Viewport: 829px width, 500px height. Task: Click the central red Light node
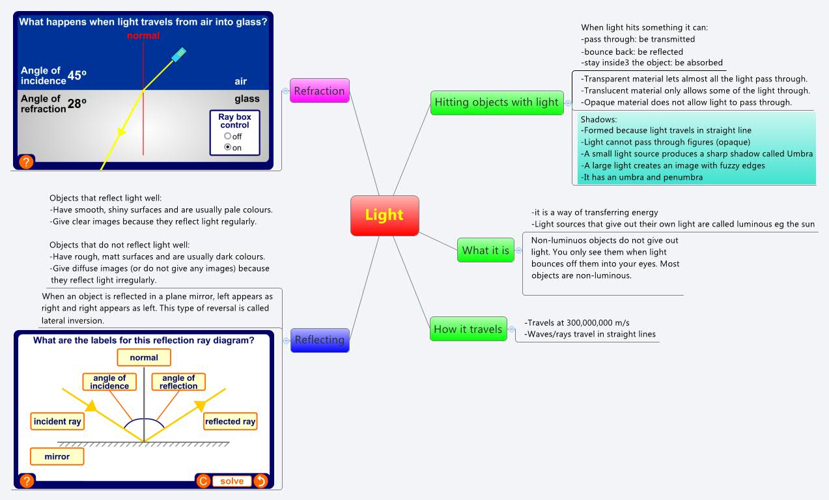pyautogui.click(x=384, y=215)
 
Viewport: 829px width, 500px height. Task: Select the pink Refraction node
pyautogui.click(x=319, y=91)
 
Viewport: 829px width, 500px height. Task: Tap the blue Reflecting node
pyautogui.click(x=319, y=340)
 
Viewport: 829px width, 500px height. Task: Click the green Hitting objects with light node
pyautogui.click(x=496, y=102)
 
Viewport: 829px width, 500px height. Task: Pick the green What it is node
pyautogui.click(x=485, y=251)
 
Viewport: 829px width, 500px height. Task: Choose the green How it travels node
pyautogui.click(x=468, y=329)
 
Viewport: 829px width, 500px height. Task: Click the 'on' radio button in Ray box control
pyautogui.click(x=227, y=148)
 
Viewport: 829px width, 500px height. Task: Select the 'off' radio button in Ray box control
pyautogui.click(x=227, y=136)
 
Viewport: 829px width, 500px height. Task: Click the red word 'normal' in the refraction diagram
pyautogui.click(x=143, y=36)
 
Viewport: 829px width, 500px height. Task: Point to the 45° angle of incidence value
pyautogui.click(x=77, y=76)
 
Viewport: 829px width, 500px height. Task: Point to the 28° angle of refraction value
pyautogui.click(x=77, y=103)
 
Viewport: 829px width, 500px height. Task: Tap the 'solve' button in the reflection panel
pyautogui.click(x=232, y=481)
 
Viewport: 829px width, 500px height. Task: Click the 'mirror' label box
pyautogui.click(x=57, y=456)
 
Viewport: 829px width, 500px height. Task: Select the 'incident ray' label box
pyautogui.click(x=57, y=421)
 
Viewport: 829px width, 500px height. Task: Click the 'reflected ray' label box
pyautogui.click(x=230, y=421)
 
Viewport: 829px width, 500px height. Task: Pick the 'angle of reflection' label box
pyautogui.click(x=178, y=382)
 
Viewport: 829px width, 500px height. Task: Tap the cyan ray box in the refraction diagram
pyautogui.click(x=179, y=54)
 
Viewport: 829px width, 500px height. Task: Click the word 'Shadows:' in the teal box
pyautogui.click(x=598, y=120)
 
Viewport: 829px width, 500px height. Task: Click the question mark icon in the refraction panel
pyautogui.click(x=26, y=161)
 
